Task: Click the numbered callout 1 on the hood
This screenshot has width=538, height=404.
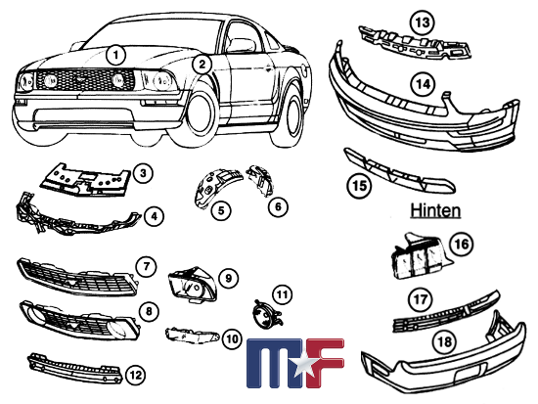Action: pos(116,55)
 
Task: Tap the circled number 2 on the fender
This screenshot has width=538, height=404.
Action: pos(202,65)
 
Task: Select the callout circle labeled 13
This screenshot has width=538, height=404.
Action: pos(423,22)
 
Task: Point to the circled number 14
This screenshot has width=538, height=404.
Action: pos(423,83)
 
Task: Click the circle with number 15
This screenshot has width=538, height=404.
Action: pos(360,186)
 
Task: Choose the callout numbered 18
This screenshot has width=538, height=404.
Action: pos(445,341)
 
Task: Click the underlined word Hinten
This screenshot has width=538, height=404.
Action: pos(435,210)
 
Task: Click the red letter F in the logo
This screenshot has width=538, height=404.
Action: pos(325,363)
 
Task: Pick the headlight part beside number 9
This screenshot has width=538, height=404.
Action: pos(192,284)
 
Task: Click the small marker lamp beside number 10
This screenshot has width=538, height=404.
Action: pos(192,336)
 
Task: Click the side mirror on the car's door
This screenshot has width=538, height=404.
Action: pos(242,45)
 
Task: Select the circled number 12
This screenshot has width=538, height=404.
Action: pos(136,375)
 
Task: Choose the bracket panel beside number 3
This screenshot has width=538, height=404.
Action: pos(86,180)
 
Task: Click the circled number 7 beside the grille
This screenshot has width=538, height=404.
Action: pos(146,266)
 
